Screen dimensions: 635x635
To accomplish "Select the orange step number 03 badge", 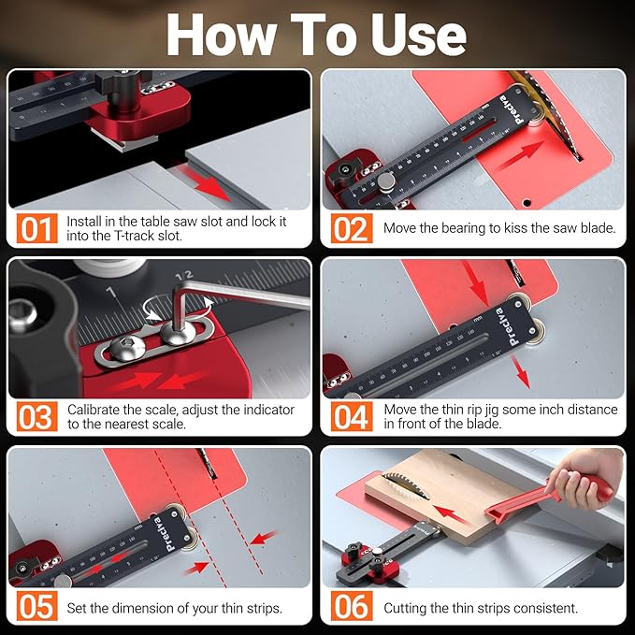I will [35, 416].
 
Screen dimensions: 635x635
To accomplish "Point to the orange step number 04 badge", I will [351, 416].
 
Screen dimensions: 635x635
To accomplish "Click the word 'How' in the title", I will [221, 35].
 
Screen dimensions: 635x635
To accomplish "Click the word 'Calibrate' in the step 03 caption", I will [99, 410].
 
